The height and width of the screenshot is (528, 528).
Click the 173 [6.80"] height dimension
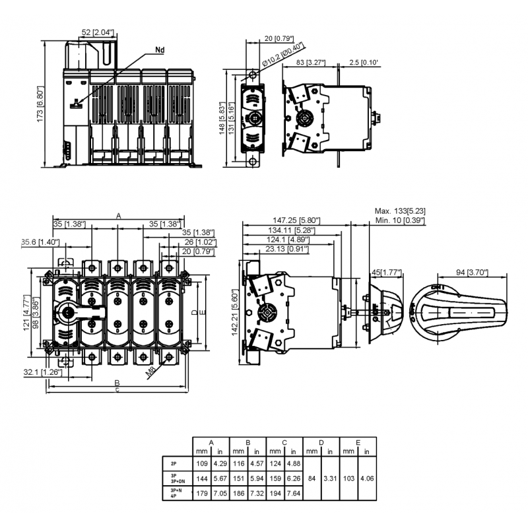click(40, 104)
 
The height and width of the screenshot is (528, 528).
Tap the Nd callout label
click(160, 50)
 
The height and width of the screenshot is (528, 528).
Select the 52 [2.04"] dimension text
click(98, 32)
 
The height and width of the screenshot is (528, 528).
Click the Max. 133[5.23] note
click(400, 211)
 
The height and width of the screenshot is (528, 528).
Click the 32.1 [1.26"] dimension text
click(43, 372)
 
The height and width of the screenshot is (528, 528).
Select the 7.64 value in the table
click(293, 493)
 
